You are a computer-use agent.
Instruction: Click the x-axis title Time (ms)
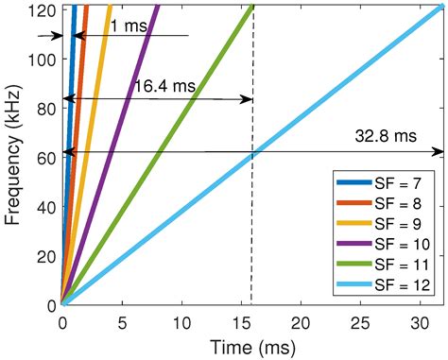(250, 345)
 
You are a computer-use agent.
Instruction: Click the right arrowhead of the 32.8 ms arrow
(439, 151)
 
